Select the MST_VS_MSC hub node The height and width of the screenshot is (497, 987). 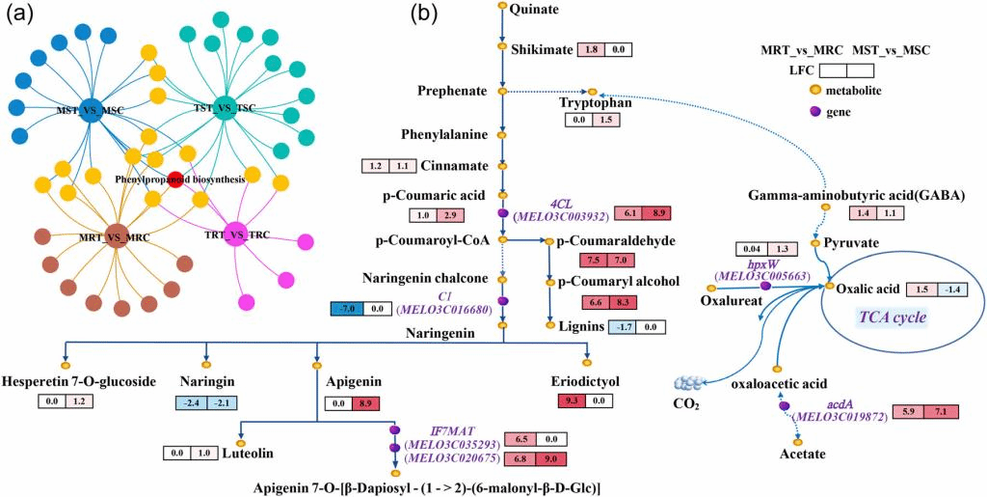click(92, 111)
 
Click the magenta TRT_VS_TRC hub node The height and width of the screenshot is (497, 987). click(235, 233)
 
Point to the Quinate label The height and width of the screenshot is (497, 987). click(532, 9)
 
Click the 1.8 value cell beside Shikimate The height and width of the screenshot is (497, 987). click(591, 48)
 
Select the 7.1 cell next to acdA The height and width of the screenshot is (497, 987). click(938, 413)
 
